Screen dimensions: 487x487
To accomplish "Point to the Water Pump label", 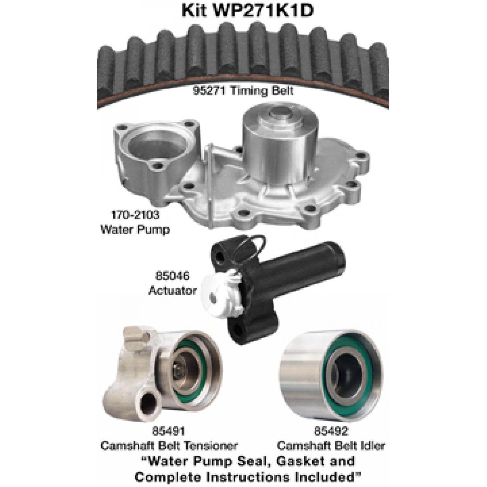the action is [135, 230].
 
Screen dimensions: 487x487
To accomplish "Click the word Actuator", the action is [172, 290].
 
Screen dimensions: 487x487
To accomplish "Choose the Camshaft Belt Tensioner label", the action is [169, 445].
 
